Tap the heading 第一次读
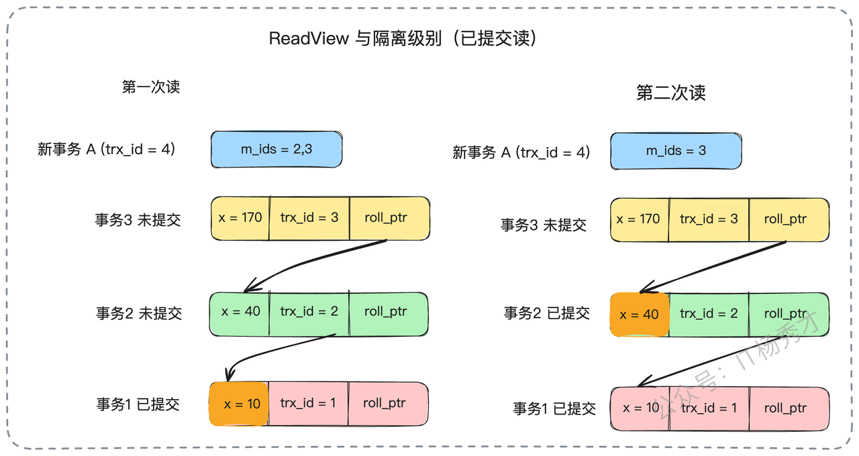coord(151,87)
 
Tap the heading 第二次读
coord(670,93)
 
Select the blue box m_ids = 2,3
coord(276,150)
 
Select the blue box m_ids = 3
coord(676,151)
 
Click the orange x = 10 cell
coord(239,404)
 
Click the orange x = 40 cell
coord(640,315)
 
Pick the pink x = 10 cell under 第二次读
coord(640,409)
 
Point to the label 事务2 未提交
coord(139,313)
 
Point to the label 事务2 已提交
coord(546,313)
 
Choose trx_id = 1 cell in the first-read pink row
coord(308,404)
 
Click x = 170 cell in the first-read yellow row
coord(240,219)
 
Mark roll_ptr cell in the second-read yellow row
coord(789,219)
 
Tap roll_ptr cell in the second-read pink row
coord(789,409)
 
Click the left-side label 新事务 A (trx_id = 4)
coord(106,149)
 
